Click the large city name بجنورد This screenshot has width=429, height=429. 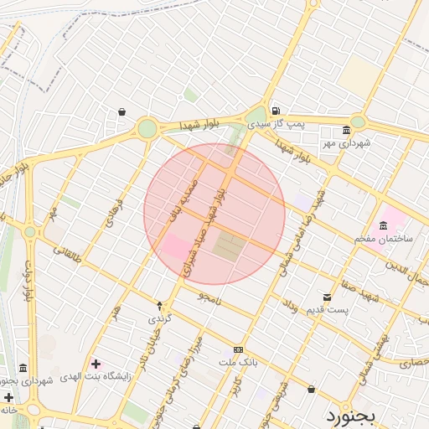[354, 415]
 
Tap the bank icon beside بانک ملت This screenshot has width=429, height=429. [239, 349]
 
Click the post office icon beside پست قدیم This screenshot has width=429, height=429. [327, 297]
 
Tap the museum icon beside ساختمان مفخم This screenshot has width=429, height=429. [383, 225]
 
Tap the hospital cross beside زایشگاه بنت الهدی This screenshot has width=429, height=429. [96, 364]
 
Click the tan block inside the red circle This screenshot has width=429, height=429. [226, 247]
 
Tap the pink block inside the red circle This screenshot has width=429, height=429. [175, 248]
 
